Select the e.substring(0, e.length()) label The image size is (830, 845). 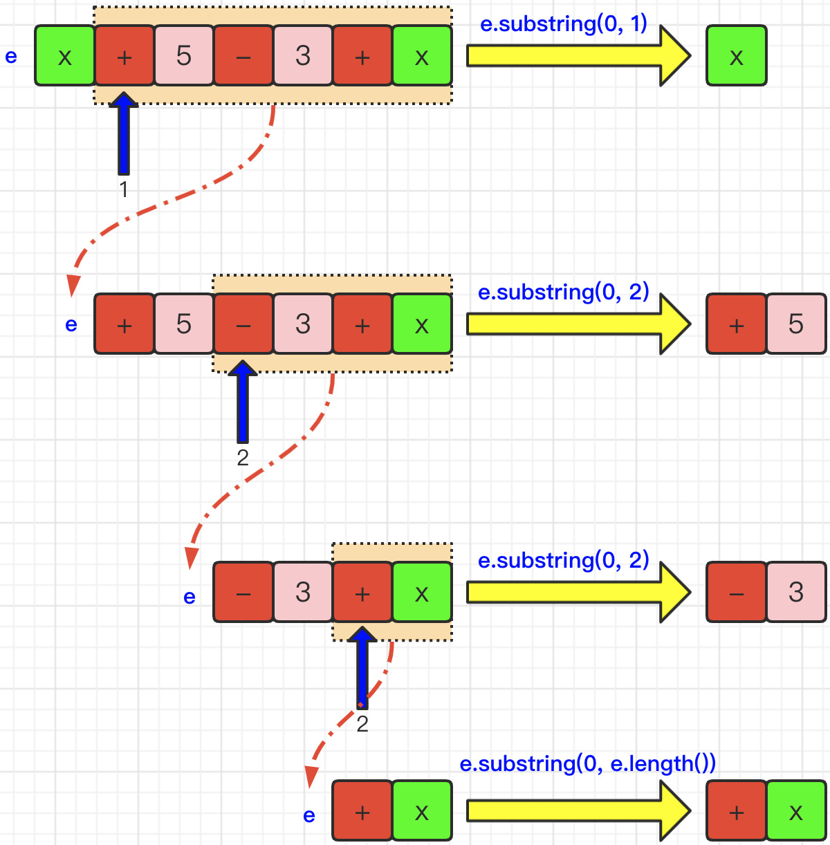[588, 763]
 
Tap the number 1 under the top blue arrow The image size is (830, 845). [124, 189]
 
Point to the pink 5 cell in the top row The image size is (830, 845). [184, 55]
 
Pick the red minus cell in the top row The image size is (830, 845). [243, 55]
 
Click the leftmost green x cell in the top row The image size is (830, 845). [65, 55]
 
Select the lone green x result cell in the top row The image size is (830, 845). [737, 55]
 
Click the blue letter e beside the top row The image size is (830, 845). [11, 56]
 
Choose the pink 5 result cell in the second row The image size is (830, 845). [796, 324]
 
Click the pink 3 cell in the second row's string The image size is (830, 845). [303, 324]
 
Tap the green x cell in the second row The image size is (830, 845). [422, 324]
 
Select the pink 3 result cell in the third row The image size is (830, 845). [796, 592]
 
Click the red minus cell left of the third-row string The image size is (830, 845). [243, 592]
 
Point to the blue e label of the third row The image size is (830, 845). [190, 597]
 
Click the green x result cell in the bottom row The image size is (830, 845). [796, 811]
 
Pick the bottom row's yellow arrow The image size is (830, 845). [578, 810]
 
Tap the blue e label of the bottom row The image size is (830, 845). [309, 815]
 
